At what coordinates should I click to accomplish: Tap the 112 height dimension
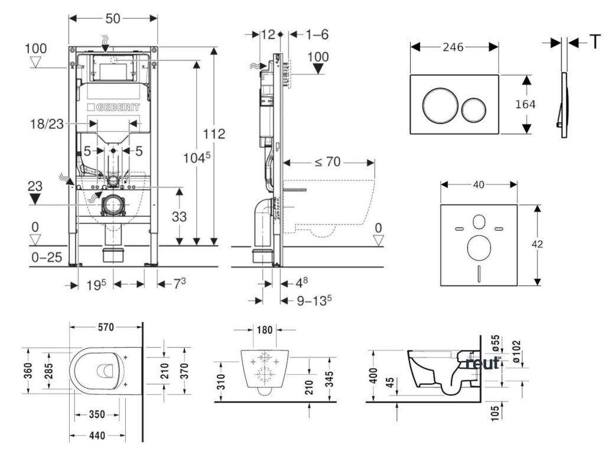215,134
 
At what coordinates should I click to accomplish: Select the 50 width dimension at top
113,18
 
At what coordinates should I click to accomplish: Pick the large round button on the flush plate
438,106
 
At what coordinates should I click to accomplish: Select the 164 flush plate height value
525,105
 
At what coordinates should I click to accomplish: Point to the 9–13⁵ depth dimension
313,300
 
